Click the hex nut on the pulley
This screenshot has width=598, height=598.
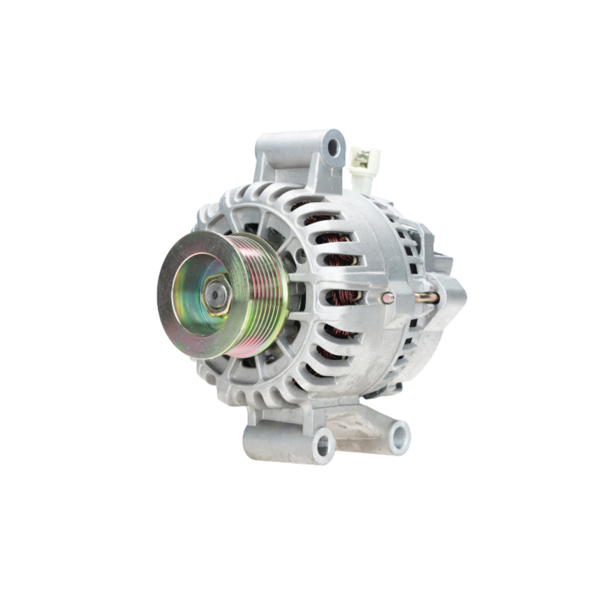(217, 295)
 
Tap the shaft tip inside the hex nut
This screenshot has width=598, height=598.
(216, 294)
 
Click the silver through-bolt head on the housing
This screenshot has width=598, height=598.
(389, 297)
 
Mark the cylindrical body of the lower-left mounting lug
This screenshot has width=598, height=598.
(281, 443)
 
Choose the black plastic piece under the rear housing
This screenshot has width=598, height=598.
(383, 392)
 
